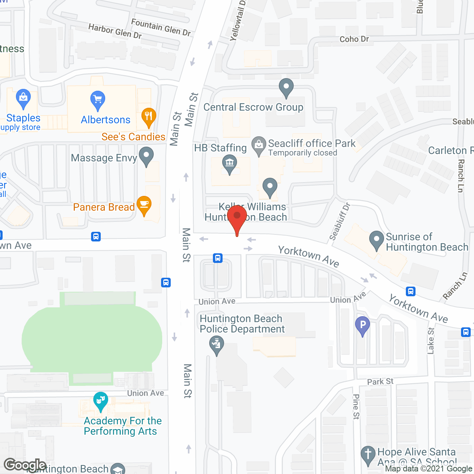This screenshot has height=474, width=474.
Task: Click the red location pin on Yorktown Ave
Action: pos(237,218)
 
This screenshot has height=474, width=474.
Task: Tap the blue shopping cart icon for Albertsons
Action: pos(98,100)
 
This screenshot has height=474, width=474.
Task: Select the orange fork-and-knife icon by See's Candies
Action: pos(148,117)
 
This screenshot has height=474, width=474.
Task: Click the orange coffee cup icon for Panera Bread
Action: pos(144,205)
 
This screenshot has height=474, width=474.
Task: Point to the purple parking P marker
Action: pos(363,326)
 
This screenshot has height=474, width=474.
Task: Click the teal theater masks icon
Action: pos(100,401)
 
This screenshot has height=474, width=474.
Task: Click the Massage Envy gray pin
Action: pos(146,156)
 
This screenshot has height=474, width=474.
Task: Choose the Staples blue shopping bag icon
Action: pos(23,99)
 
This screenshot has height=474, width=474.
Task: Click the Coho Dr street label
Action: pos(354,39)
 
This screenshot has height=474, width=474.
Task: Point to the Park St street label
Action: pos(380,381)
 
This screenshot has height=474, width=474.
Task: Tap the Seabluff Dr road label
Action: pos(339,221)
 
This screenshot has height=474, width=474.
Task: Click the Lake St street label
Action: pos(430,341)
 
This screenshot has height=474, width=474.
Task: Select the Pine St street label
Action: pos(356,407)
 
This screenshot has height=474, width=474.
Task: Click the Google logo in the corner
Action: pos(25,465)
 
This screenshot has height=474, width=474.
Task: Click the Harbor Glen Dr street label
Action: pos(115,31)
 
